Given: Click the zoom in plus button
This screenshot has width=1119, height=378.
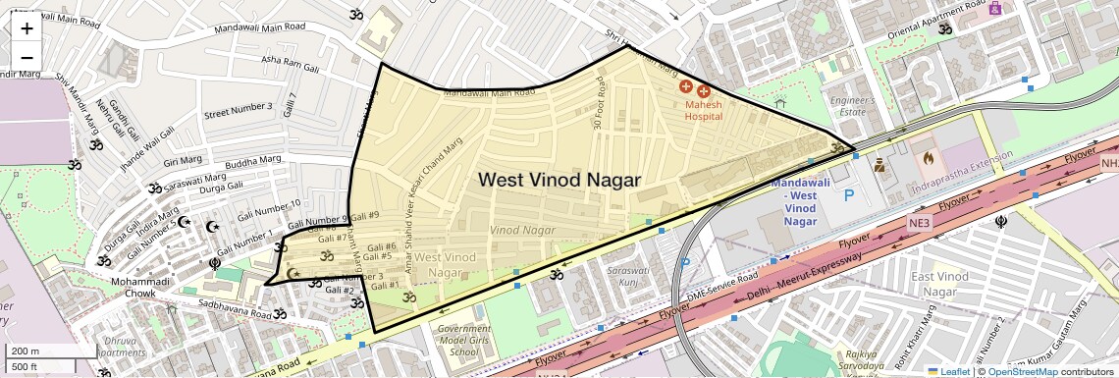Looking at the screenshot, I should (x=27, y=27).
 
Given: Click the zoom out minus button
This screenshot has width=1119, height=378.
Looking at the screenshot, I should (x=27, y=57).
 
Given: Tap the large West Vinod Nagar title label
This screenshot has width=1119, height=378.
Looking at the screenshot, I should (x=559, y=180).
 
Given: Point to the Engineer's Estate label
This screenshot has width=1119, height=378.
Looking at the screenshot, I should (x=852, y=107).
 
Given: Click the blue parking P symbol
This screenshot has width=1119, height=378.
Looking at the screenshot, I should (x=849, y=196).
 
